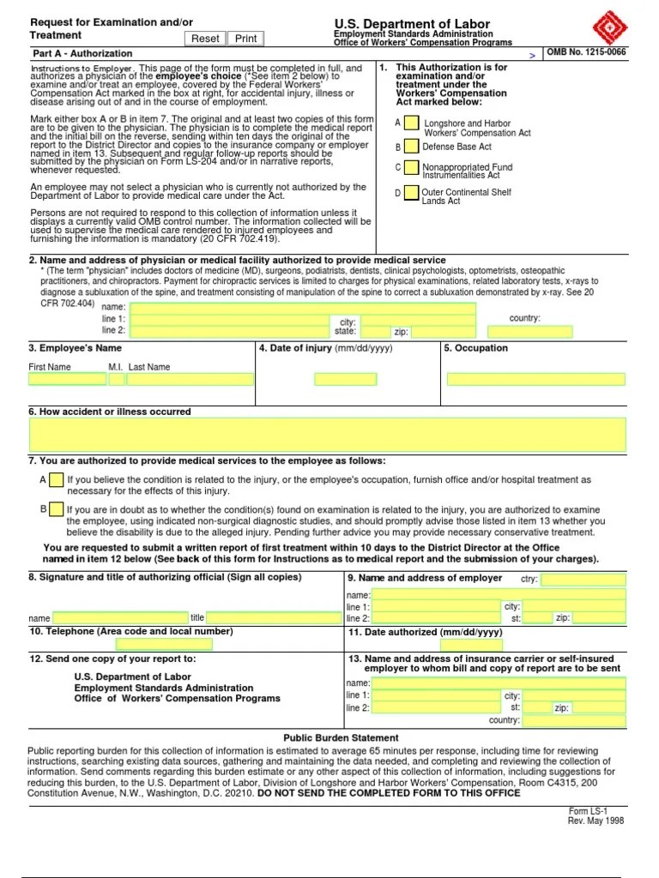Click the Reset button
click(x=205, y=39)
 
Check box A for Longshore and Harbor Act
click(x=412, y=124)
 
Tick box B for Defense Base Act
click(x=412, y=147)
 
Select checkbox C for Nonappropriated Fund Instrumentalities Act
click(x=412, y=168)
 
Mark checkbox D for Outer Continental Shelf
click(x=412, y=193)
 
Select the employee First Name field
click(x=67, y=379)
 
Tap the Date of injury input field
click(x=345, y=379)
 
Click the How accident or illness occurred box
click(x=328, y=435)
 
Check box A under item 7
click(x=56, y=480)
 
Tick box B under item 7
click(x=56, y=509)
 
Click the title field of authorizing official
click(x=269, y=617)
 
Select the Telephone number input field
click(x=163, y=645)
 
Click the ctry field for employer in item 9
click(x=583, y=580)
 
